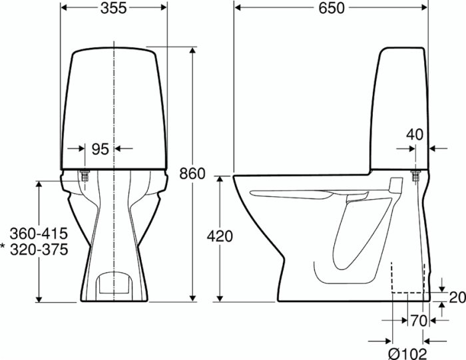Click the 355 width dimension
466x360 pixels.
[114, 8]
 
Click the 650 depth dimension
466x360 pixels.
[332, 8]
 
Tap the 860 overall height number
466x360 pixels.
[192, 174]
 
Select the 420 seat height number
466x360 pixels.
[220, 236]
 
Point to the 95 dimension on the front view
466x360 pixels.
[100, 149]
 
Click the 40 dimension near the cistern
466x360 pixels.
[415, 134]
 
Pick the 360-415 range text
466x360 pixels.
[39, 234]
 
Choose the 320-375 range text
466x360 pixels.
[39, 250]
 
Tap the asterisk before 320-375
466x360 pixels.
[3, 247]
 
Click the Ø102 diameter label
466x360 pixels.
[407, 353]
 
